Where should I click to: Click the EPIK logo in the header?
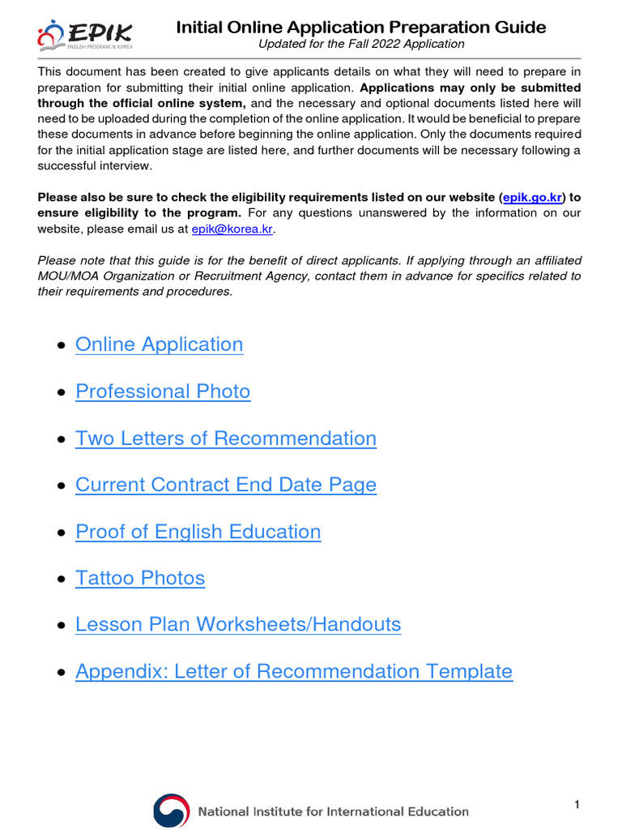tap(84, 35)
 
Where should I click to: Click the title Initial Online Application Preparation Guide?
tap(361, 28)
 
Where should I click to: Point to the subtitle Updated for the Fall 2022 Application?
tap(361, 44)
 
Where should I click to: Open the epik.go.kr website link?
tap(532, 198)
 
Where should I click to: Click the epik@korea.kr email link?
tap(232, 229)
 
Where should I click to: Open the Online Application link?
tap(159, 344)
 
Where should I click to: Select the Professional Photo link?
tap(163, 391)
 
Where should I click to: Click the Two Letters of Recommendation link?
tap(225, 439)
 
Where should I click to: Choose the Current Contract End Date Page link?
tap(225, 485)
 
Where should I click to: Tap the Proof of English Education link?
tap(198, 532)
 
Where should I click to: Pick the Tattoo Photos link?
tap(139, 578)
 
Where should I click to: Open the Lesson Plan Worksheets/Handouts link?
tap(237, 625)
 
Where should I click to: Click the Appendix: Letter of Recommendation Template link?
tap(293, 672)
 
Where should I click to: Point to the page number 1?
tap(577, 804)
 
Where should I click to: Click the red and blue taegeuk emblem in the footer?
tap(170, 811)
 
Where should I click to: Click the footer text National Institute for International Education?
tap(334, 811)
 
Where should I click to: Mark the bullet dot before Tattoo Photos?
tap(62, 580)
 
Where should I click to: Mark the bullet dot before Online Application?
tap(62, 346)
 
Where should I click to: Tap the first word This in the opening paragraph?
tap(51, 71)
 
